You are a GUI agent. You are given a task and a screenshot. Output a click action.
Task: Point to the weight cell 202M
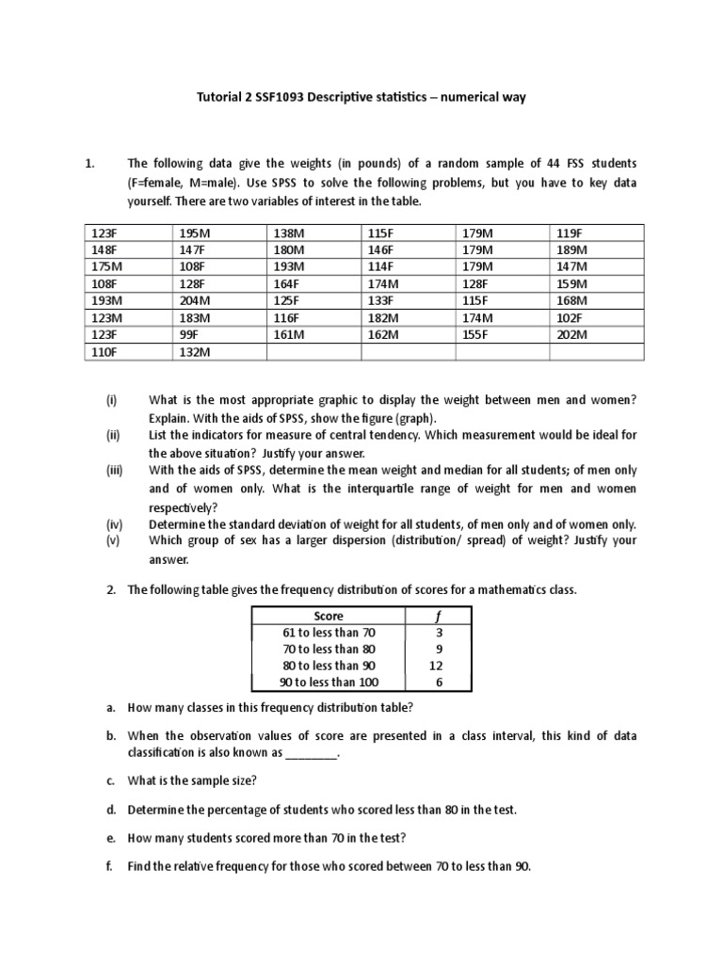click(x=571, y=334)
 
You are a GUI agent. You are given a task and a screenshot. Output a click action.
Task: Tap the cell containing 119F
click(x=570, y=233)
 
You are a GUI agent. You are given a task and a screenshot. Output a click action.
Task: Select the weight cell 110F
click(x=102, y=351)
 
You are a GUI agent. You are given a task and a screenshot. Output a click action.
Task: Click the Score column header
click(x=329, y=616)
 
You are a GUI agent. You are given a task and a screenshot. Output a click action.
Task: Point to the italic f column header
click(x=438, y=616)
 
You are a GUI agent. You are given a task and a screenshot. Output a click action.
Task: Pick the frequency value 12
click(x=438, y=666)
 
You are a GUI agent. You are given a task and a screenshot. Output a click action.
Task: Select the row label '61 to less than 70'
click(x=329, y=633)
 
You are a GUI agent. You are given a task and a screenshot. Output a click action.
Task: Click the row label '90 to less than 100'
click(x=329, y=683)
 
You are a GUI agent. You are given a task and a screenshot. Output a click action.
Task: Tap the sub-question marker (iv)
click(x=114, y=524)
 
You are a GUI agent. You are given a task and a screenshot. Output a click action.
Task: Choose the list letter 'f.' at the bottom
click(x=110, y=867)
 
